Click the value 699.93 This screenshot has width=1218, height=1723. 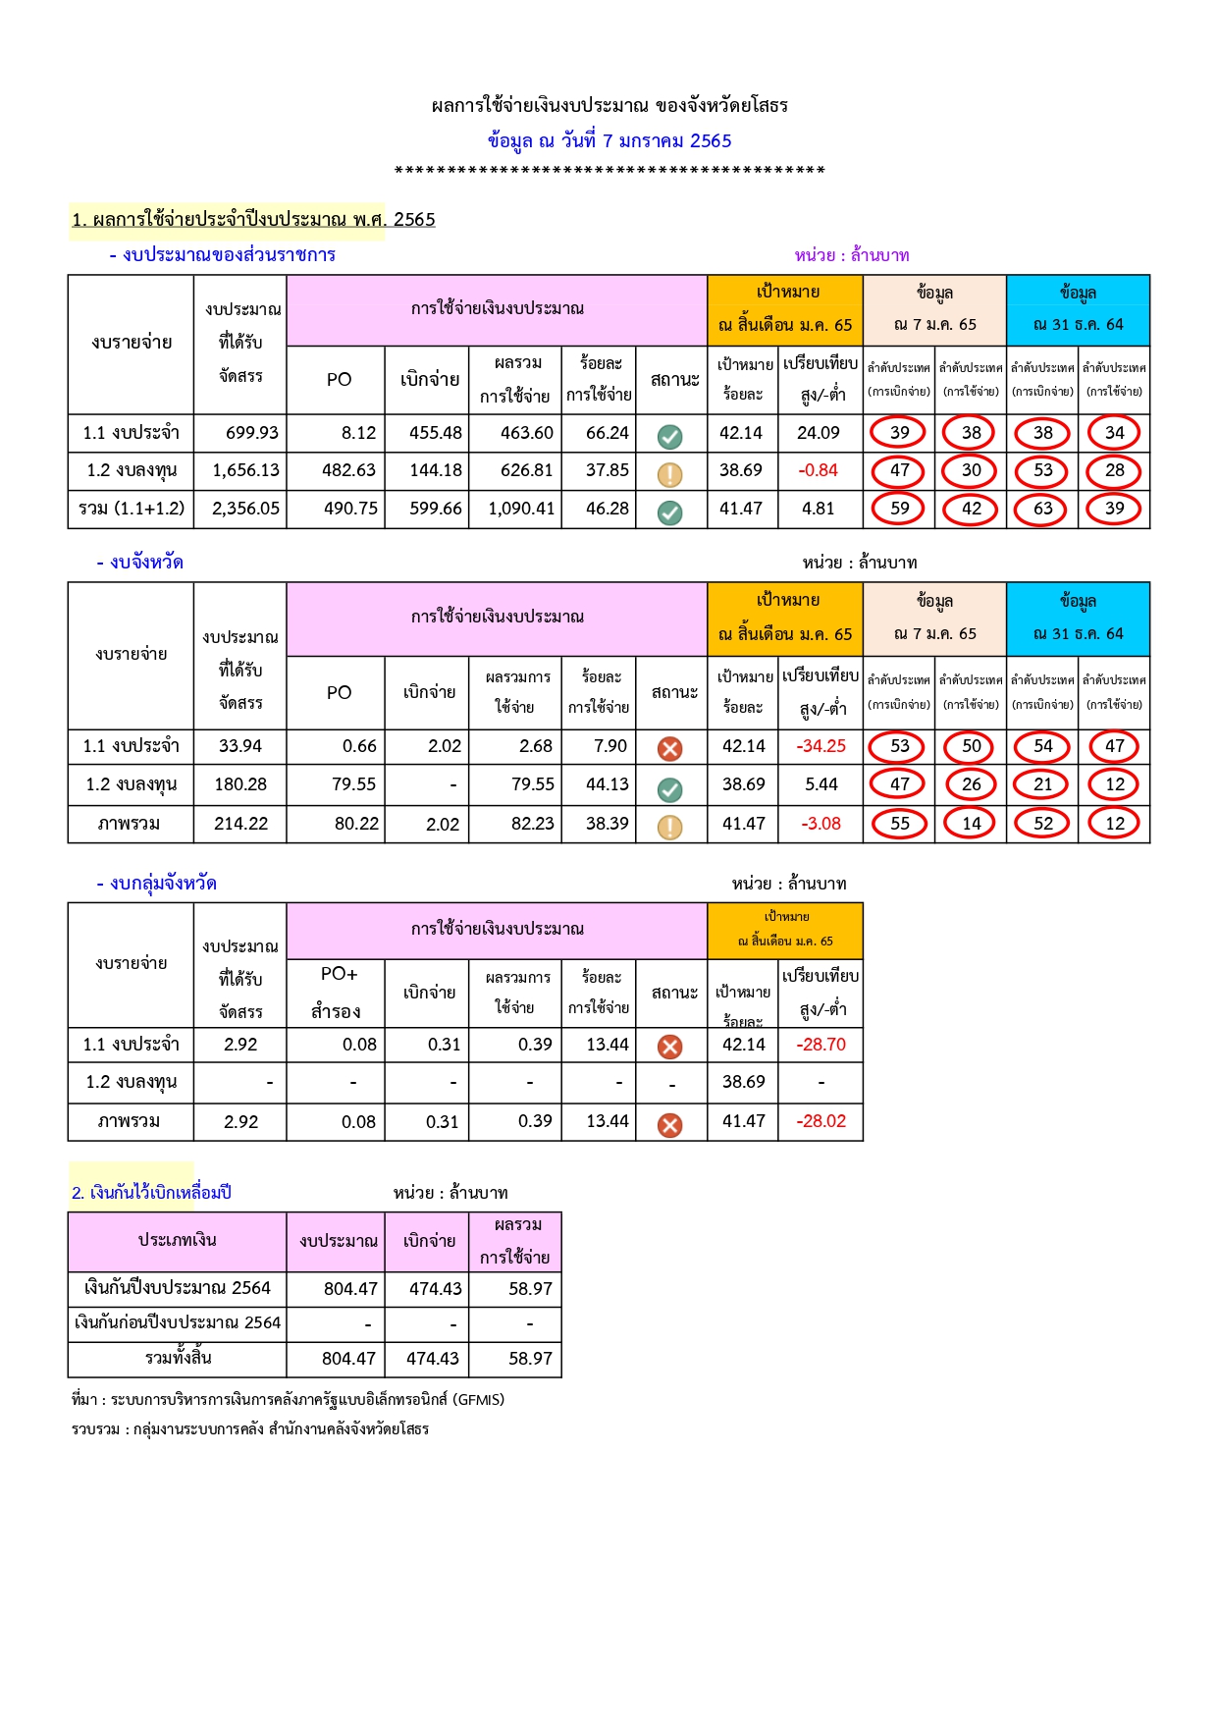[251, 433]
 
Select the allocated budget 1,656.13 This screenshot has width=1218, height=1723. [245, 470]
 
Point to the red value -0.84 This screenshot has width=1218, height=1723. [819, 470]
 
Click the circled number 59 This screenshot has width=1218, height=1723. [899, 509]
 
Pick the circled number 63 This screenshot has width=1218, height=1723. [1042, 509]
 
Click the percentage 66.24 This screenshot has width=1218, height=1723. [607, 433]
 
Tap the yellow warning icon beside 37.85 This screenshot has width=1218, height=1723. [670, 475]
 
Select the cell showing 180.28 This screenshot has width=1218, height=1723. [240, 784]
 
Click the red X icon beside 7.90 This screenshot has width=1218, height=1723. [670, 749]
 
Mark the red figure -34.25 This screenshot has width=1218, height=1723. [821, 746]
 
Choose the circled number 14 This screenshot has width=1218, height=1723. [971, 824]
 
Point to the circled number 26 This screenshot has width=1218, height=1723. [971, 784]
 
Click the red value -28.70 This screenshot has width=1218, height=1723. [821, 1045]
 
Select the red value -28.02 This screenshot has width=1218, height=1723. [821, 1121]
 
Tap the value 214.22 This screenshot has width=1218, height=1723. [240, 824]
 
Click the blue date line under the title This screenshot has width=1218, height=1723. [609, 140]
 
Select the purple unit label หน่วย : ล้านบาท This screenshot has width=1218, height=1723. [852, 255]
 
